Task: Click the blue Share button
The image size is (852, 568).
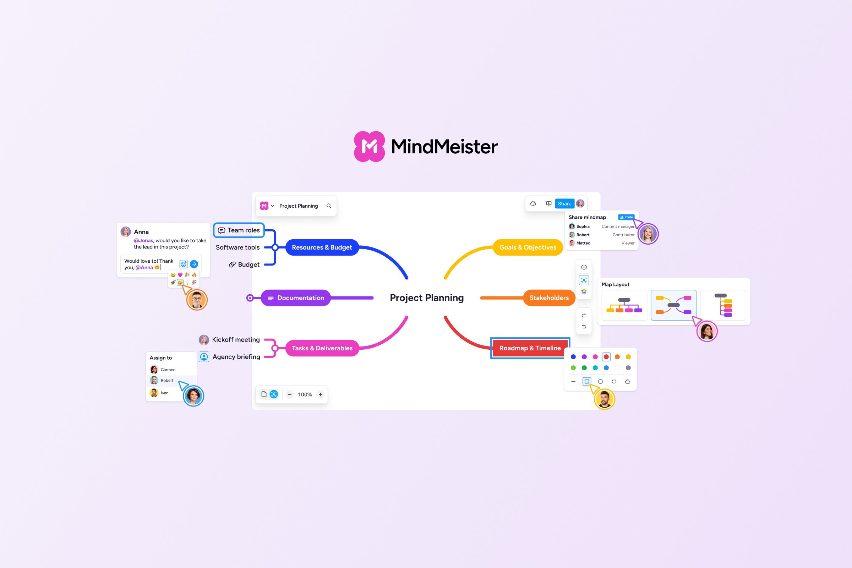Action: click(x=564, y=203)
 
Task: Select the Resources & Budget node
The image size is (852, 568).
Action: click(x=322, y=247)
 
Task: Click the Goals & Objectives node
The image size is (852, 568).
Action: click(x=528, y=247)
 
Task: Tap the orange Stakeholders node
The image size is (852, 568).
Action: click(x=549, y=298)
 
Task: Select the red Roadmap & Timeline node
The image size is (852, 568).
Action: click(x=530, y=348)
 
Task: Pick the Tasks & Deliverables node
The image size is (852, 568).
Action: click(x=322, y=348)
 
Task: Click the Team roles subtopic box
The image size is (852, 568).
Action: click(x=239, y=230)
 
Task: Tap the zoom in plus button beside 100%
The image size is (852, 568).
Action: click(x=321, y=394)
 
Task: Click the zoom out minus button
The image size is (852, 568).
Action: click(x=289, y=394)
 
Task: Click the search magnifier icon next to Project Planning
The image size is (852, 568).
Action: click(x=329, y=206)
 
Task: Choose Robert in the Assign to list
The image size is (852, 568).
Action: click(x=166, y=380)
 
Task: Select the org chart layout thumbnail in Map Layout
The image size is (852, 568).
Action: click(x=624, y=305)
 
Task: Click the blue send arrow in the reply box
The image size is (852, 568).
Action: click(x=194, y=264)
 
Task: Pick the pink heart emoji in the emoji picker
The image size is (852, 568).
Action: click(x=180, y=275)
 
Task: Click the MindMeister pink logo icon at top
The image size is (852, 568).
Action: click(x=369, y=146)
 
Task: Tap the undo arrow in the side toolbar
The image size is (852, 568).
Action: click(x=584, y=327)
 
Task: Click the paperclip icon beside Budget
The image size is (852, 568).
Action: click(x=232, y=264)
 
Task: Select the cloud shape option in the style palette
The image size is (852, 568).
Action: click(x=628, y=381)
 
